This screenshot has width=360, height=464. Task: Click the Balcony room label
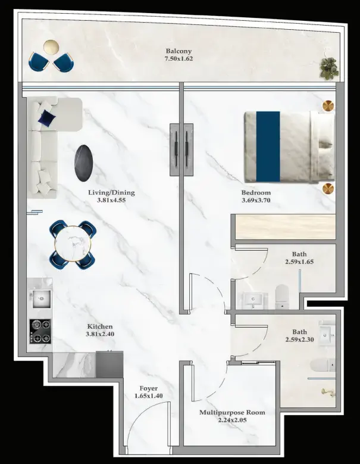coord(179,51)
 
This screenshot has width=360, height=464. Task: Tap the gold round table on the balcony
coord(51,47)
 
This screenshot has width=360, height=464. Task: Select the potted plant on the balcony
coord(329,68)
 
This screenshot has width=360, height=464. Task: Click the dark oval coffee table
coord(84,163)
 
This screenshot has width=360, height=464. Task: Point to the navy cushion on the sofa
coord(46,119)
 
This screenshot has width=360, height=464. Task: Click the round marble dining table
coord(73,244)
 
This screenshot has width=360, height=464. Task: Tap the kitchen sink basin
coord(42,299)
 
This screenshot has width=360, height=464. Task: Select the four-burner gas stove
coord(40,331)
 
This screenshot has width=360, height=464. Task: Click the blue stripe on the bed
coord(268,147)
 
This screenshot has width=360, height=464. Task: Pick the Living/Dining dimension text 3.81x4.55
coord(111,200)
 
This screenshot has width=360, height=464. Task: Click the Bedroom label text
coord(256,192)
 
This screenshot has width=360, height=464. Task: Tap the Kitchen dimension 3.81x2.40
coord(100,334)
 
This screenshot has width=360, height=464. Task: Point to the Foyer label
coord(148,388)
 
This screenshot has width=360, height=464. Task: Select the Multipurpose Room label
coord(232,413)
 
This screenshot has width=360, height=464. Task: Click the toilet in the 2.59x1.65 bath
coord(281,297)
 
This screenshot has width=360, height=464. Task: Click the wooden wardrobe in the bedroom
coord(286,227)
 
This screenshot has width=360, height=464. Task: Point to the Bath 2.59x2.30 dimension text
coord(300,340)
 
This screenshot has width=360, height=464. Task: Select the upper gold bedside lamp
coord(328,106)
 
